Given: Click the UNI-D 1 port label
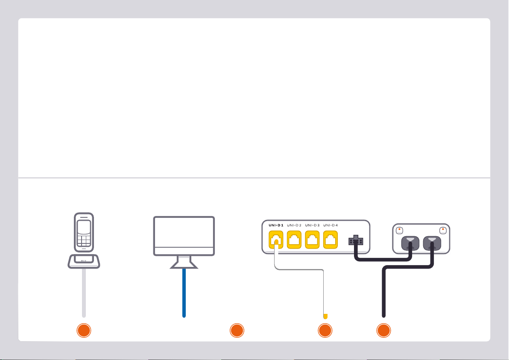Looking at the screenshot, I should pos(275,225).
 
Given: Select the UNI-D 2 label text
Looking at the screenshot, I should pos(294,225).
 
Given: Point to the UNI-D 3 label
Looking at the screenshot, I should pos(313,225).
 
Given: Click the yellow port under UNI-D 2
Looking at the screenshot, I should pos(295,240).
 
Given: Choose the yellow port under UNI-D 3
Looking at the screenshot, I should pos(313,240).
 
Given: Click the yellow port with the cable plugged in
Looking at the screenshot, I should pos(276,240).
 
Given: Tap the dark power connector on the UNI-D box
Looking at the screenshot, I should pos(355,241).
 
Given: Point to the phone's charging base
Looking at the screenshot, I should pos(84,261).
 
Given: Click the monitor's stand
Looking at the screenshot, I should pos(184,263).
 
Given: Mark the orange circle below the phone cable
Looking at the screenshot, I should pos(84,331).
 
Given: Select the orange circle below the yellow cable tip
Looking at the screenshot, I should pos(325,331).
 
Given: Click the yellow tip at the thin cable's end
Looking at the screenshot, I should pos(325,316).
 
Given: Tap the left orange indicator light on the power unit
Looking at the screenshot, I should pos(399,230).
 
